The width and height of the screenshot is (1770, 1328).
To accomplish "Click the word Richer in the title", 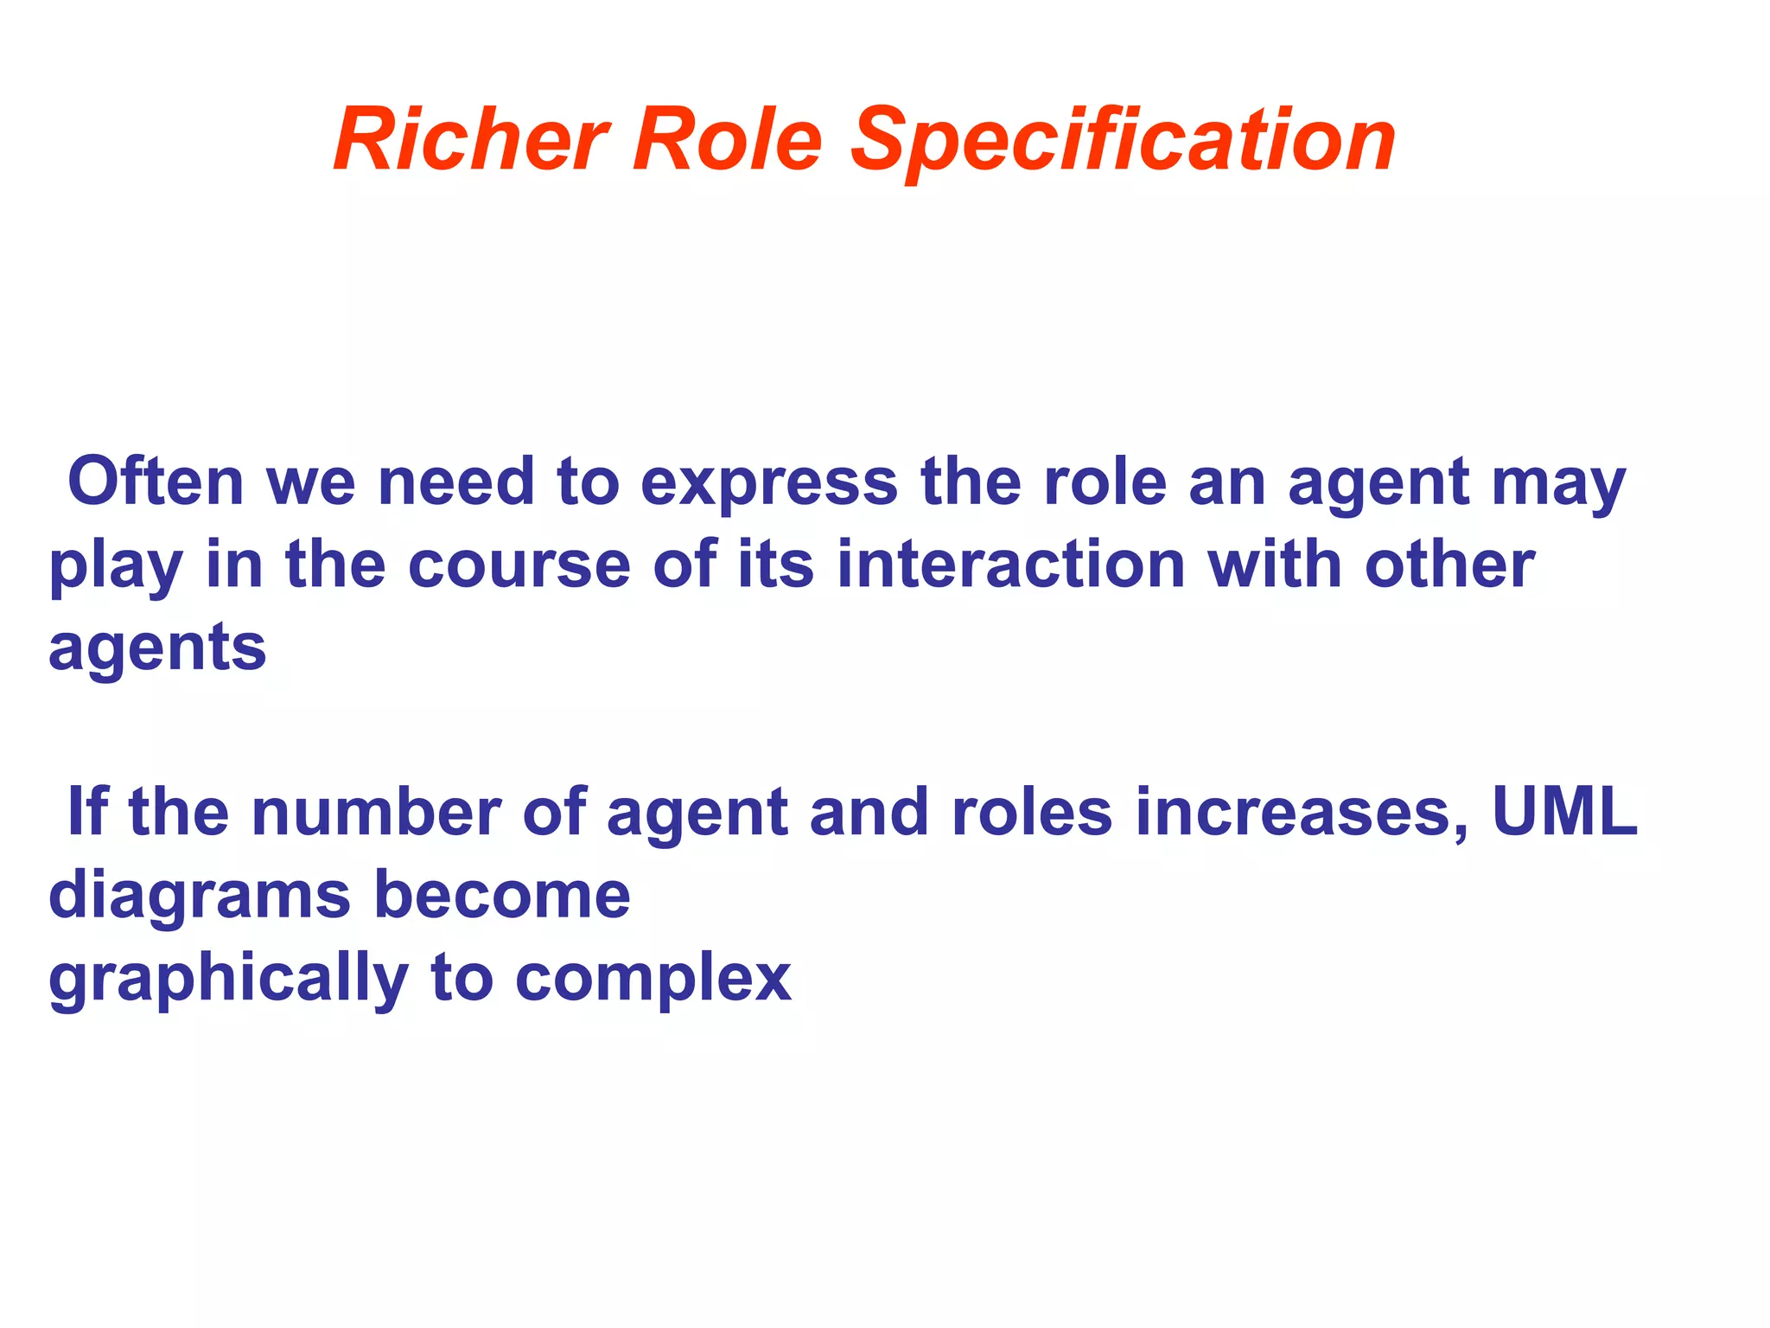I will (472, 140).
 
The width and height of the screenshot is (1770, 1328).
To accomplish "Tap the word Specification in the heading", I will (1124, 140).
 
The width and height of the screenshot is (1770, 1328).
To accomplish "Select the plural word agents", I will (157, 648).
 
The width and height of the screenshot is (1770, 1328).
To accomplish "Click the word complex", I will (653, 979).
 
